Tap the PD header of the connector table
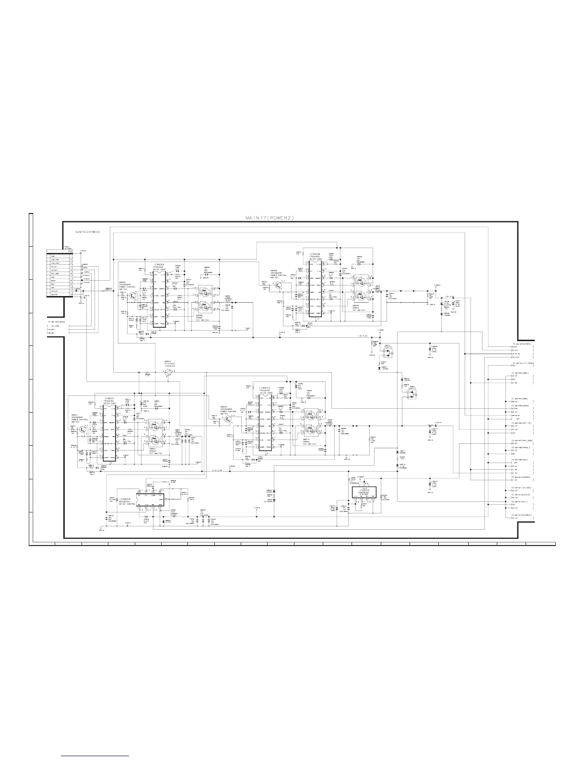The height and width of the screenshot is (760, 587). [70, 252]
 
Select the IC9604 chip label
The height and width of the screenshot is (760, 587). [159, 264]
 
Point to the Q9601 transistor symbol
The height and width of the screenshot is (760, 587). [84, 429]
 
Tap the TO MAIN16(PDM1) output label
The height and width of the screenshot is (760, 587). [521, 344]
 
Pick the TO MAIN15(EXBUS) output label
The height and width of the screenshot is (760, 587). [522, 515]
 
